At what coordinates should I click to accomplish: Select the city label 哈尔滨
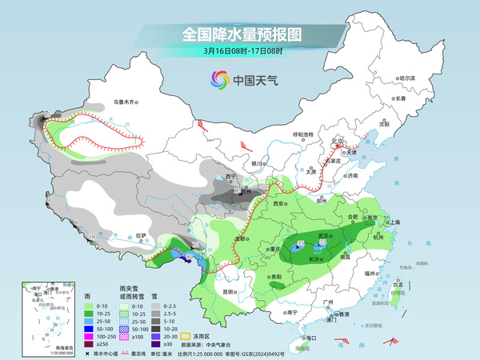(407, 78)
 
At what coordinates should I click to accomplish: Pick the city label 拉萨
(142, 236)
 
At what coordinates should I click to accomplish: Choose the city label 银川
(257, 163)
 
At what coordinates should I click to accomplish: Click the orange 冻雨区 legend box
(186, 326)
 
